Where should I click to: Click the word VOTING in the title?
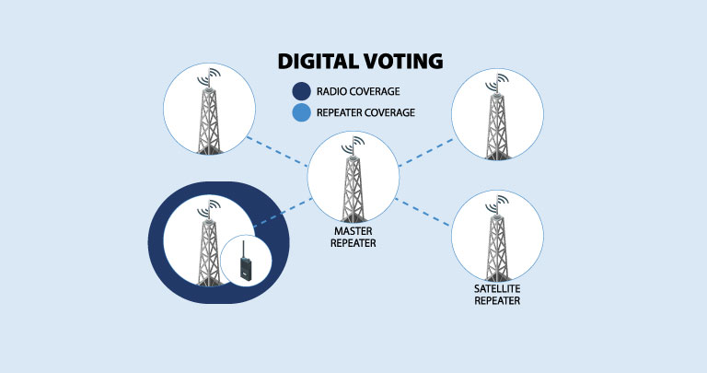403,63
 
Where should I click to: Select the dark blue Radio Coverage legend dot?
300,91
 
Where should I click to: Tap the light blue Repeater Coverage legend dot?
300,113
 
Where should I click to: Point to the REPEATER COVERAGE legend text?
365,113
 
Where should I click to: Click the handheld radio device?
245,263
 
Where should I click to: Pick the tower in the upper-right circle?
496,117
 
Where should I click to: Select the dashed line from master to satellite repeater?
425,212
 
